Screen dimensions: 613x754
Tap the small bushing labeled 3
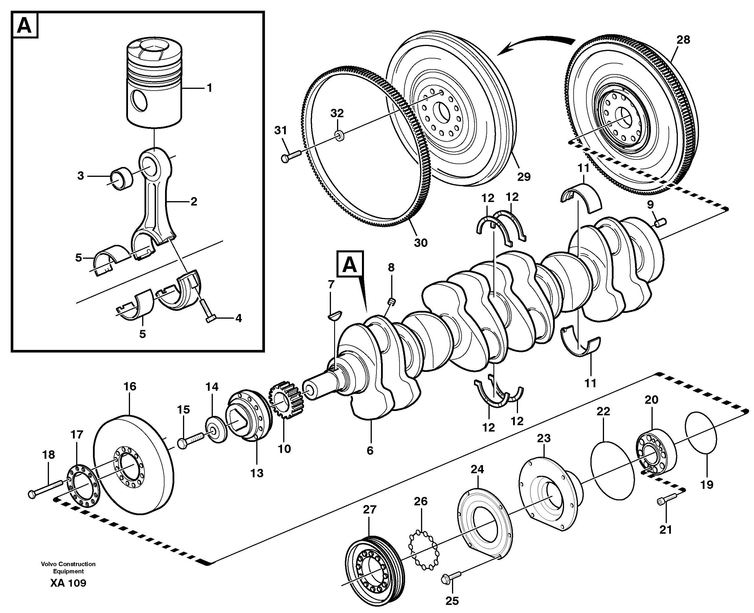(x=122, y=178)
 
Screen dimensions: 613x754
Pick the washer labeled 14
(x=216, y=430)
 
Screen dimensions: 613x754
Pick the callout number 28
(x=683, y=40)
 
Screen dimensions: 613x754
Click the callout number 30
(x=420, y=243)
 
